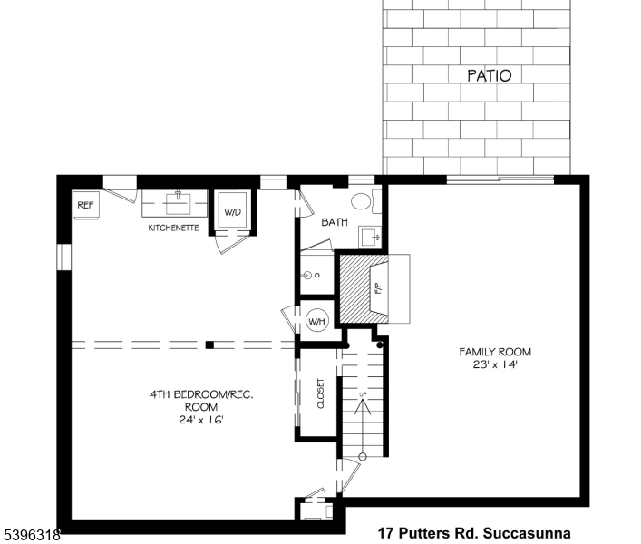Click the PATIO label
point(489,75)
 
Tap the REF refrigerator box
point(85,205)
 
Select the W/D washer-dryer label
point(233,212)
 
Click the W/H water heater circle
point(316,321)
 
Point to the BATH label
point(335,222)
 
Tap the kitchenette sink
point(179,202)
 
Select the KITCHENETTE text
point(173,228)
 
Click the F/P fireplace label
point(379,288)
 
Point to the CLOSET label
point(321,393)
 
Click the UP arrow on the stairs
point(363,425)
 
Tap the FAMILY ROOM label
point(495,352)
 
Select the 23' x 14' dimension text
point(495,364)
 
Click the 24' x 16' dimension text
point(201,420)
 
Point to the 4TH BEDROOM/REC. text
point(201,394)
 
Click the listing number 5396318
point(33,534)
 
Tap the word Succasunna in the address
point(527,533)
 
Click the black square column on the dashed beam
point(209,345)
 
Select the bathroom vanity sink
point(370,237)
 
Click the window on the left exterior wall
point(63,257)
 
